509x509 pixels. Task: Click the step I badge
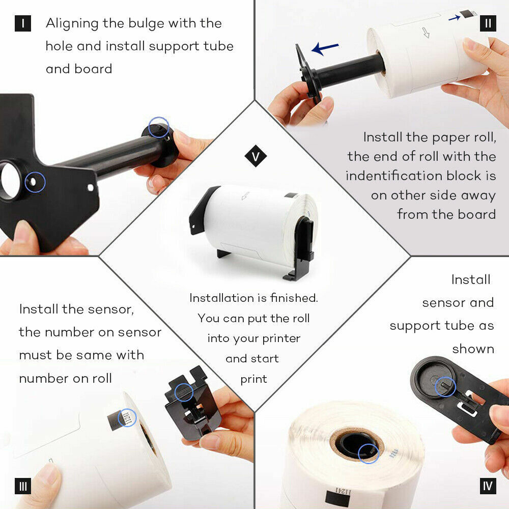click(x=23, y=23)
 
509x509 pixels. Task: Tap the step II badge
click(x=488, y=23)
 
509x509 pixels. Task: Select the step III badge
click(x=23, y=486)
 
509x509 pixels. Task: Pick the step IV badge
click(x=488, y=486)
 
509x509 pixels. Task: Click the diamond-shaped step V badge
click(x=256, y=156)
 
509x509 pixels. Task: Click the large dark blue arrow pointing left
click(x=325, y=48)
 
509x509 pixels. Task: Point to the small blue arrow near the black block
click(x=455, y=18)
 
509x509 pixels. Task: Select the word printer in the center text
click(x=281, y=338)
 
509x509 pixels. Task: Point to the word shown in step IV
click(x=473, y=349)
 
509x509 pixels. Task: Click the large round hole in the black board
click(x=10, y=180)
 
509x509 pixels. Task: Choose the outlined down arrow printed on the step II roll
click(x=426, y=33)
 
